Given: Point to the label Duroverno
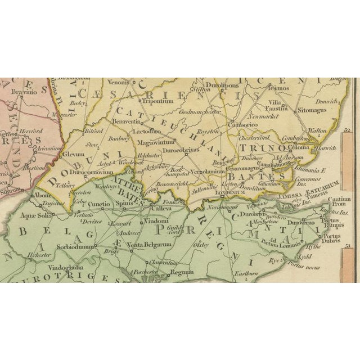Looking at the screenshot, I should click(x=318, y=222).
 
